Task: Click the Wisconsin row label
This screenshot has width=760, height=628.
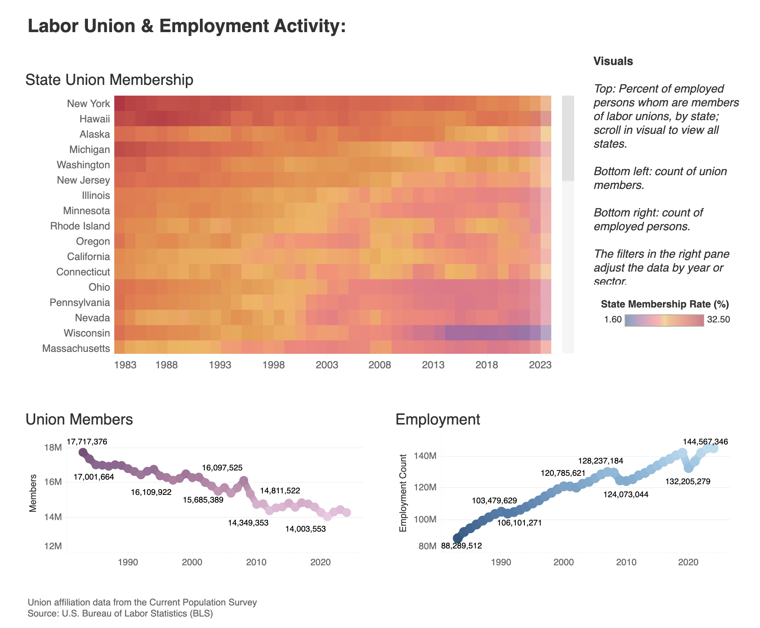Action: click(87, 333)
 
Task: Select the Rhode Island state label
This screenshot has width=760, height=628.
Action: click(80, 226)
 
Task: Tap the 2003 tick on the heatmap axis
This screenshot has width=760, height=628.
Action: click(326, 365)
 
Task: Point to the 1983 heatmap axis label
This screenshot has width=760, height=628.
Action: click(125, 365)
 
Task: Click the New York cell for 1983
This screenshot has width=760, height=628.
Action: click(119, 103)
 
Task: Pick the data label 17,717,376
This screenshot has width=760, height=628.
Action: click(87, 442)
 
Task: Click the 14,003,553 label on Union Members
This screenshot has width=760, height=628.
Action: click(305, 529)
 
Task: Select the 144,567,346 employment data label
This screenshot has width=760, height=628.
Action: click(705, 442)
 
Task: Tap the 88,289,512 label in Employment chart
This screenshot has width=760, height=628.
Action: click(461, 546)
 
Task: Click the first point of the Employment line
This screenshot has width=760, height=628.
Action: click(457, 538)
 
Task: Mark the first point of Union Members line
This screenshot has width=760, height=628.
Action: click(83, 452)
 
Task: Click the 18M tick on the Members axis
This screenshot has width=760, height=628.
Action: click(53, 447)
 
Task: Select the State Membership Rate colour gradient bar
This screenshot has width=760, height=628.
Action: click(664, 320)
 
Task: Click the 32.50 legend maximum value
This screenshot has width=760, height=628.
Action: click(718, 320)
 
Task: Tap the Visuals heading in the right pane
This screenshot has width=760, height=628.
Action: click(613, 61)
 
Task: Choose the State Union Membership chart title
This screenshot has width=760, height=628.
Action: click(109, 80)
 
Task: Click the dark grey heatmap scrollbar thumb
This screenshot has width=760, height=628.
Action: click(568, 138)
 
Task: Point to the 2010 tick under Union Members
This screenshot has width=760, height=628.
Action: click(256, 562)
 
